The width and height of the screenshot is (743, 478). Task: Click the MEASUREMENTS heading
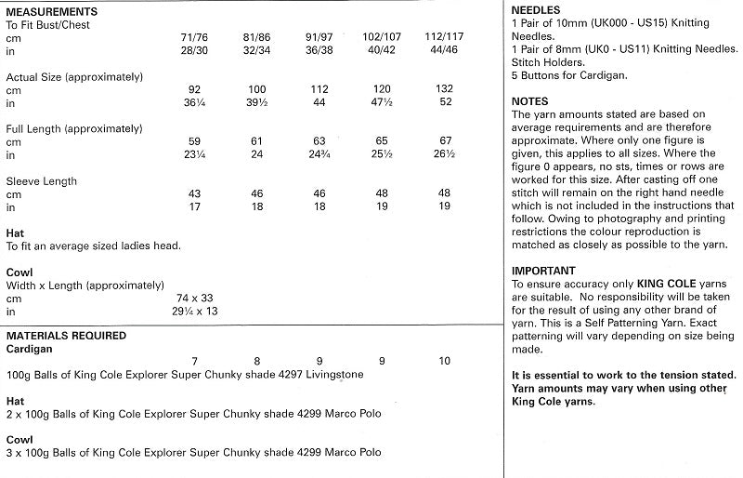click(x=54, y=10)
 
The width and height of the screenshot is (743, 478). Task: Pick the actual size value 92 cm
click(x=194, y=88)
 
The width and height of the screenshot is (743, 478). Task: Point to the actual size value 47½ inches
click(x=378, y=101)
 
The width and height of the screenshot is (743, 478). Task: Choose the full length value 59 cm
click(x=194, y=140)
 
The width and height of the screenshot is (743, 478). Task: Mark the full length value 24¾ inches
click(x=319, y=153)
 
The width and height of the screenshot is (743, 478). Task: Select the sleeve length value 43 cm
click(x=194, y=193)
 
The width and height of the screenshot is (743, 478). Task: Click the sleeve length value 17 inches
click(x=194, y=206)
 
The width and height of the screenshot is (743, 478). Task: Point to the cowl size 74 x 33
click(x=194, y=298)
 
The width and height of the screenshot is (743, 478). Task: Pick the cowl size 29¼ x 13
click(x=194, y=311)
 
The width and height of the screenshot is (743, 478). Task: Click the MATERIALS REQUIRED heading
click(x=66, y=335)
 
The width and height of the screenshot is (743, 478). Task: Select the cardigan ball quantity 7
click(x=194, y=360)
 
